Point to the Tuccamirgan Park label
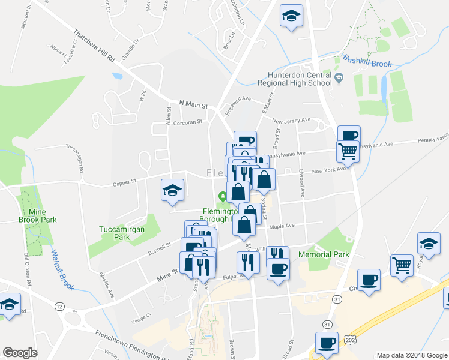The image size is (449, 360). (115, 232)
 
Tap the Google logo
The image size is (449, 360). (20, 353)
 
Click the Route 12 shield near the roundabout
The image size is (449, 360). (59, 307)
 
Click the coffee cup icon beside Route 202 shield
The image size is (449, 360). (327, 343)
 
